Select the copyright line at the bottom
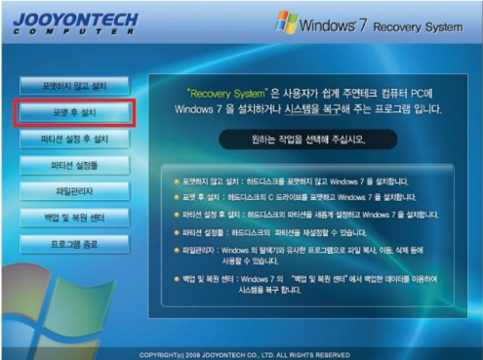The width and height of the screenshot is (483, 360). click(244, 353)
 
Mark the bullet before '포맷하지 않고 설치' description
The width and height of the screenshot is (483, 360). click(176, 181)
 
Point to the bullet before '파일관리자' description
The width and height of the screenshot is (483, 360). click(176, 249)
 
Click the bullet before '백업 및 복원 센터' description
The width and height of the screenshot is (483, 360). click(176, 278)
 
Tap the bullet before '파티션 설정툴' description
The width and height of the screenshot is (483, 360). click(176, 232)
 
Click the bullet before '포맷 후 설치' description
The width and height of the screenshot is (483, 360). click(176, 198)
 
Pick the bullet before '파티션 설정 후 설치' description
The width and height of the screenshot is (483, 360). click(176, 215)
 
